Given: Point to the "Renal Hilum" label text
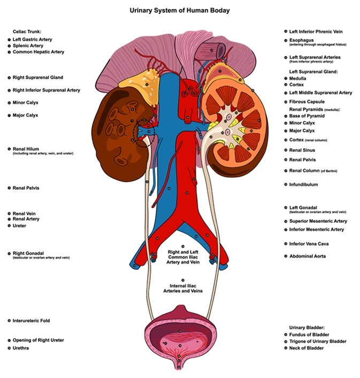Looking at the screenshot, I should [27, 148].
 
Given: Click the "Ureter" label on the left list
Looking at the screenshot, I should [19, 225].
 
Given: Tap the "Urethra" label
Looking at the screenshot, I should [21, 348].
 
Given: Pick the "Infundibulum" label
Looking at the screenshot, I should [303, 184].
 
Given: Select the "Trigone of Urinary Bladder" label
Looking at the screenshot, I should [317, 341].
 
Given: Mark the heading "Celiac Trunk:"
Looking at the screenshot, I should [27, 32].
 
